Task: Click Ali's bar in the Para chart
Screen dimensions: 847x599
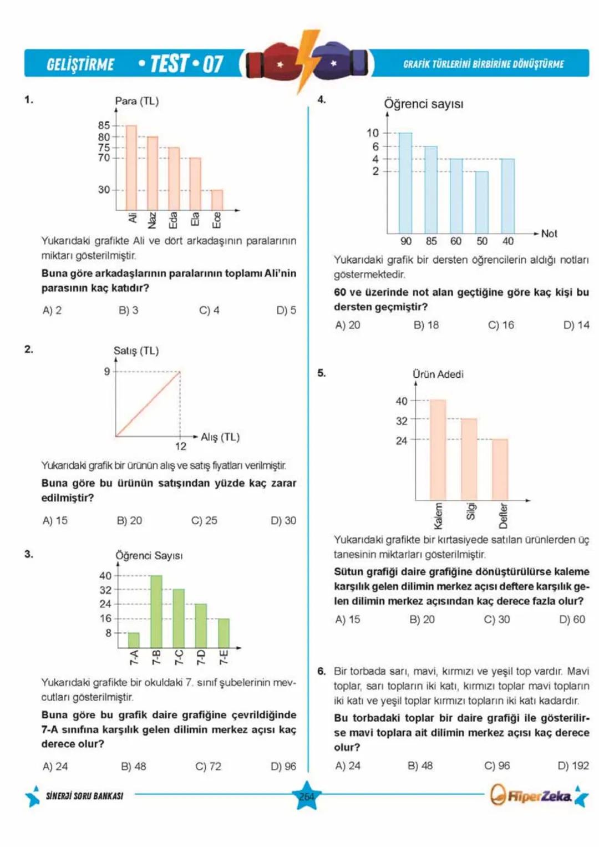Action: click(x=131, y=168)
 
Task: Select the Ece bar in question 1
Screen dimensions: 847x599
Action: click(x=217, y=200)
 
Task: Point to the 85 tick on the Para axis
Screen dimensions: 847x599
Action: click(x=104, y=125)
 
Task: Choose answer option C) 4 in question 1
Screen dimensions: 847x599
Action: click(x=209, y=310)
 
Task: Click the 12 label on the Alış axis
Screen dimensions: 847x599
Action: click(x=181, y=446)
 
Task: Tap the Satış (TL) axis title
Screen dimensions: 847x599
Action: click(x=136, y=351)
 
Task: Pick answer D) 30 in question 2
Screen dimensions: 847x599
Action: click(x=283, y=520)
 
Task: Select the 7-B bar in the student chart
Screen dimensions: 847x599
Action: click(x=156, y=611)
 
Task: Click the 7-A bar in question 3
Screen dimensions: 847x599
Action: click(x=134, y=640)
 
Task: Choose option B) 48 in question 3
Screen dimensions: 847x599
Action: click(x=134, y=766)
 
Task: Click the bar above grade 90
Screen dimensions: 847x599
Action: click(x=405, y=182)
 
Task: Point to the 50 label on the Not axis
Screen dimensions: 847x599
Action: click(x=482, y=241)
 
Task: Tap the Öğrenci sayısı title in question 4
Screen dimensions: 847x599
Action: click(x=424, y=104)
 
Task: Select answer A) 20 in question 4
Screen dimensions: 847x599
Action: click(x=348, y=325)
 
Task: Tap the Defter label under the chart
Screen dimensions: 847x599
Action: click(x=504, y=515)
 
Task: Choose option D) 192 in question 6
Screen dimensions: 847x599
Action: click(x=573, y=765)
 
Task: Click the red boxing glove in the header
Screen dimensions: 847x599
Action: click(x=272, y=62)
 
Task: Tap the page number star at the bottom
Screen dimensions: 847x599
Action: click(x=307, y=796)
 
